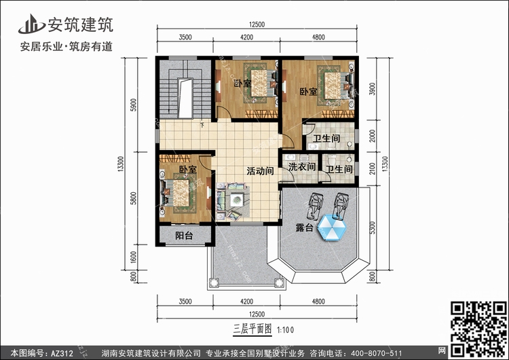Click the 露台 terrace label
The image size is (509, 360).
pyautogui.click(x=304, y=228)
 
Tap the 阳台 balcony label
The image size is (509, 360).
pyautogui.click(x=184, y=236)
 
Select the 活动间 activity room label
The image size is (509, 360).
pyautogui.click(x=260, y=171)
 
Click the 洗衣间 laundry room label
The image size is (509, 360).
pyautogui.click(x=302, y=167)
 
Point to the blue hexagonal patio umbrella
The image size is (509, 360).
pyautogui.click(x=332, y=228)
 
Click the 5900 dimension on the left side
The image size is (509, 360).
pyautogui.click(x=134, y=105)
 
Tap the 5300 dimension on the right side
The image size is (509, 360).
pyautogui.click(x=373, y=228)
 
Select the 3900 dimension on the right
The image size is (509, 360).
pyautogui.click(x=373, y=89)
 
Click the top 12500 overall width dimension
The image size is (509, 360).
pyautogui.click(x=257, y=24)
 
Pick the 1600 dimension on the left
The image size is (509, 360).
pyautogui.click(x=134, y=257)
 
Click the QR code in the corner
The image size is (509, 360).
pyautogui.click(x=478, y=329)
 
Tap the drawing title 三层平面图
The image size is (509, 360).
pyautogui.click(x=252, y=329)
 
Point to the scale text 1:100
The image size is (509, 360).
pyautogui.click(x=286, y=330)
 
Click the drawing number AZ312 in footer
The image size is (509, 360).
pyautogui.click(x=62, y=353)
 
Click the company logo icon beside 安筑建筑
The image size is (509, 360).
pyautogui.click(x=31, y=24)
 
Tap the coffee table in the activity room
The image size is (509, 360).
pyautogui.click(x=238, y=200)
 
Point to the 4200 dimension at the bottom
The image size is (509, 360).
pyautogui.click(x=247, y=302)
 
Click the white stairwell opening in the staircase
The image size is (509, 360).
pyautogui.click(x=185, y=98)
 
